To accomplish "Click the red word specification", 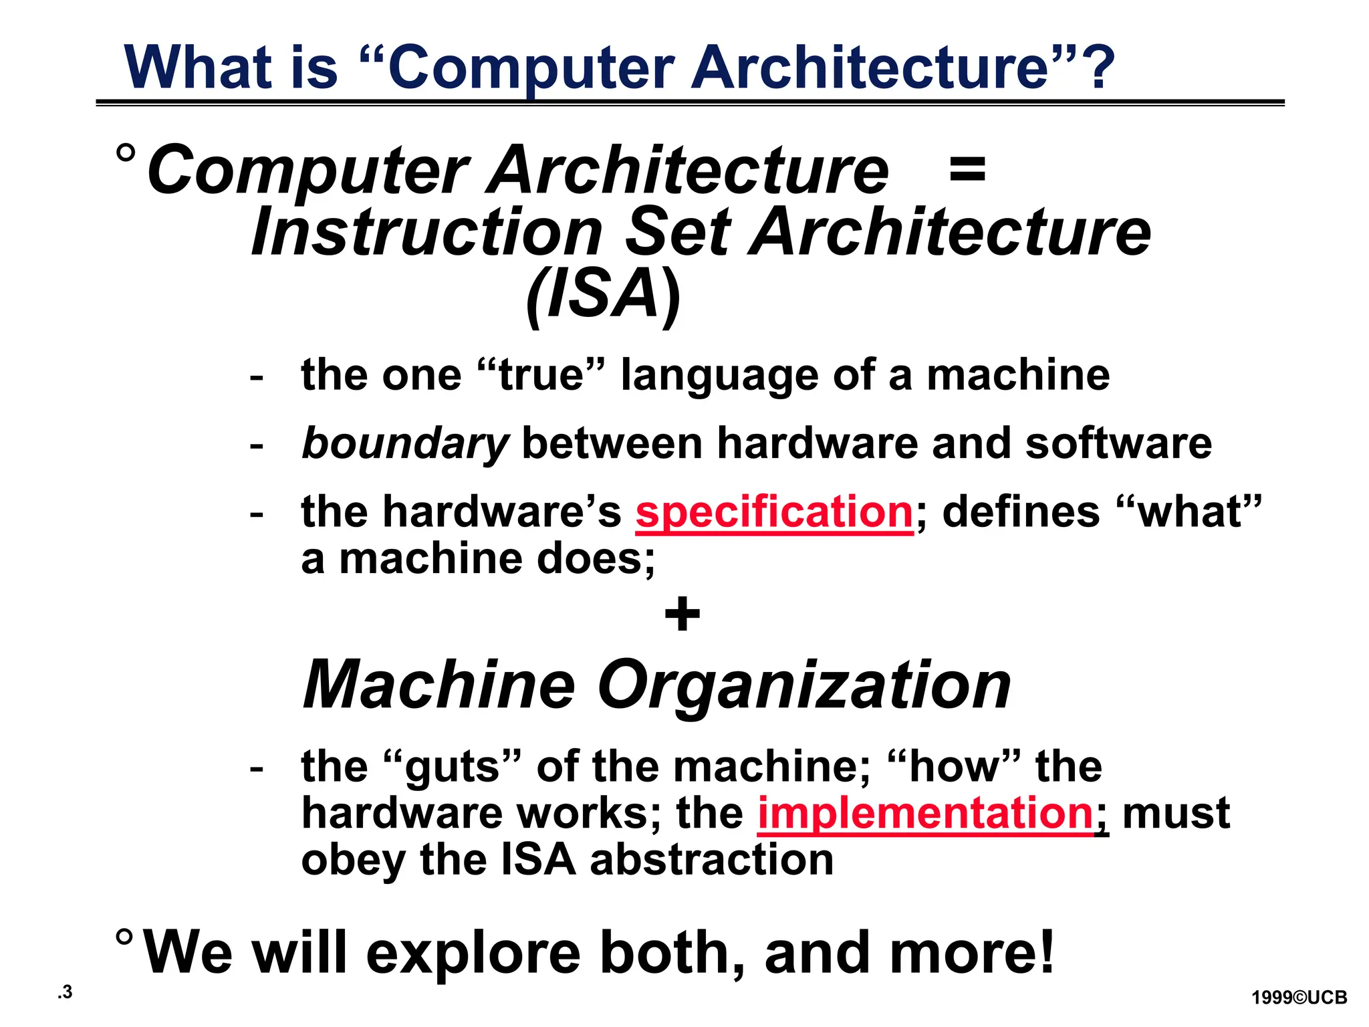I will pyautogui.click(x=773, y=513).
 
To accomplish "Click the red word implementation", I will pyautogui.click(x=925, y=814).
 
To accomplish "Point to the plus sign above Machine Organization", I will pyautogui.click(x=682, y=614).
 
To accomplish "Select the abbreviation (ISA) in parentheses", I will pyautogui.click(x=603, y=295).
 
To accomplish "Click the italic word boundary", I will pyautogui.click(x=405, y=445).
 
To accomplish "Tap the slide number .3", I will pyautogui.click(x=65, y=992).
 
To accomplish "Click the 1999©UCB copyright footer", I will pyautogui.click(x=1299, y=998).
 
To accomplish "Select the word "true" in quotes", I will pyautogui.click(x=541, y=375).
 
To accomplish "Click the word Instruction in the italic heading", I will pyautogui.click(x=427, y=232).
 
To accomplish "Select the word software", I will pyautogui.click(x=1118, y=444).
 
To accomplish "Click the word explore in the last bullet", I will pyautogui.click(x=473, y=952).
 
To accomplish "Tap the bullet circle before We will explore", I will pyautogui.click(x=124, y=937).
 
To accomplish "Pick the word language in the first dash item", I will pyautogui.click(x=719, y=376).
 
